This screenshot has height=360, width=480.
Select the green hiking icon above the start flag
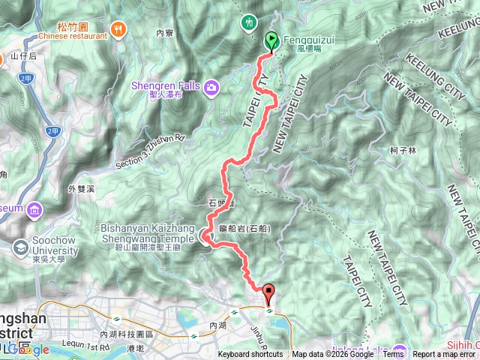(249, 22)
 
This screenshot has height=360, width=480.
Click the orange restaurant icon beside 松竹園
(118, 29)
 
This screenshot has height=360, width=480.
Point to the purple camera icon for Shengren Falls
(212, 88)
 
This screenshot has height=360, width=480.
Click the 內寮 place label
(164, 33)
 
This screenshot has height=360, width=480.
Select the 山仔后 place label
(23, 56)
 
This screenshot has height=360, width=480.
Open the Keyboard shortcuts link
(250, 355)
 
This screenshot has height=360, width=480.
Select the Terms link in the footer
(393, 355)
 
